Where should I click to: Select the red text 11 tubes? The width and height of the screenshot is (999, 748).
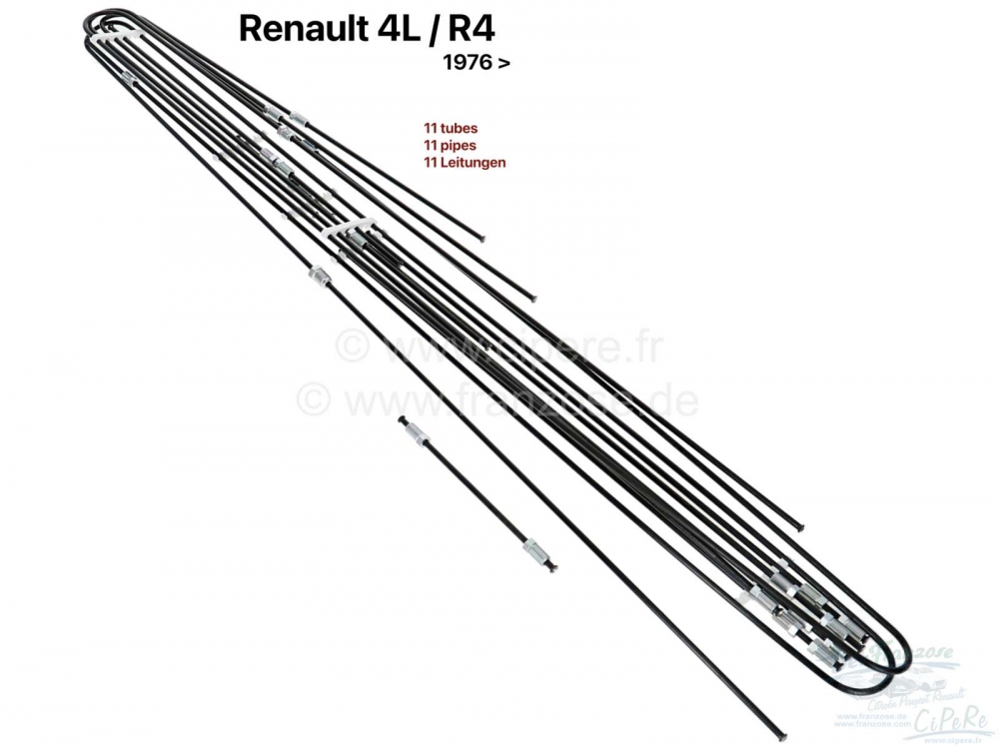click(449, 128)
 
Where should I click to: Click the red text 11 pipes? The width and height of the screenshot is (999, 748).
click(449, 143)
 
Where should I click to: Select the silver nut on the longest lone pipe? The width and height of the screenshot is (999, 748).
click(320, 275)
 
